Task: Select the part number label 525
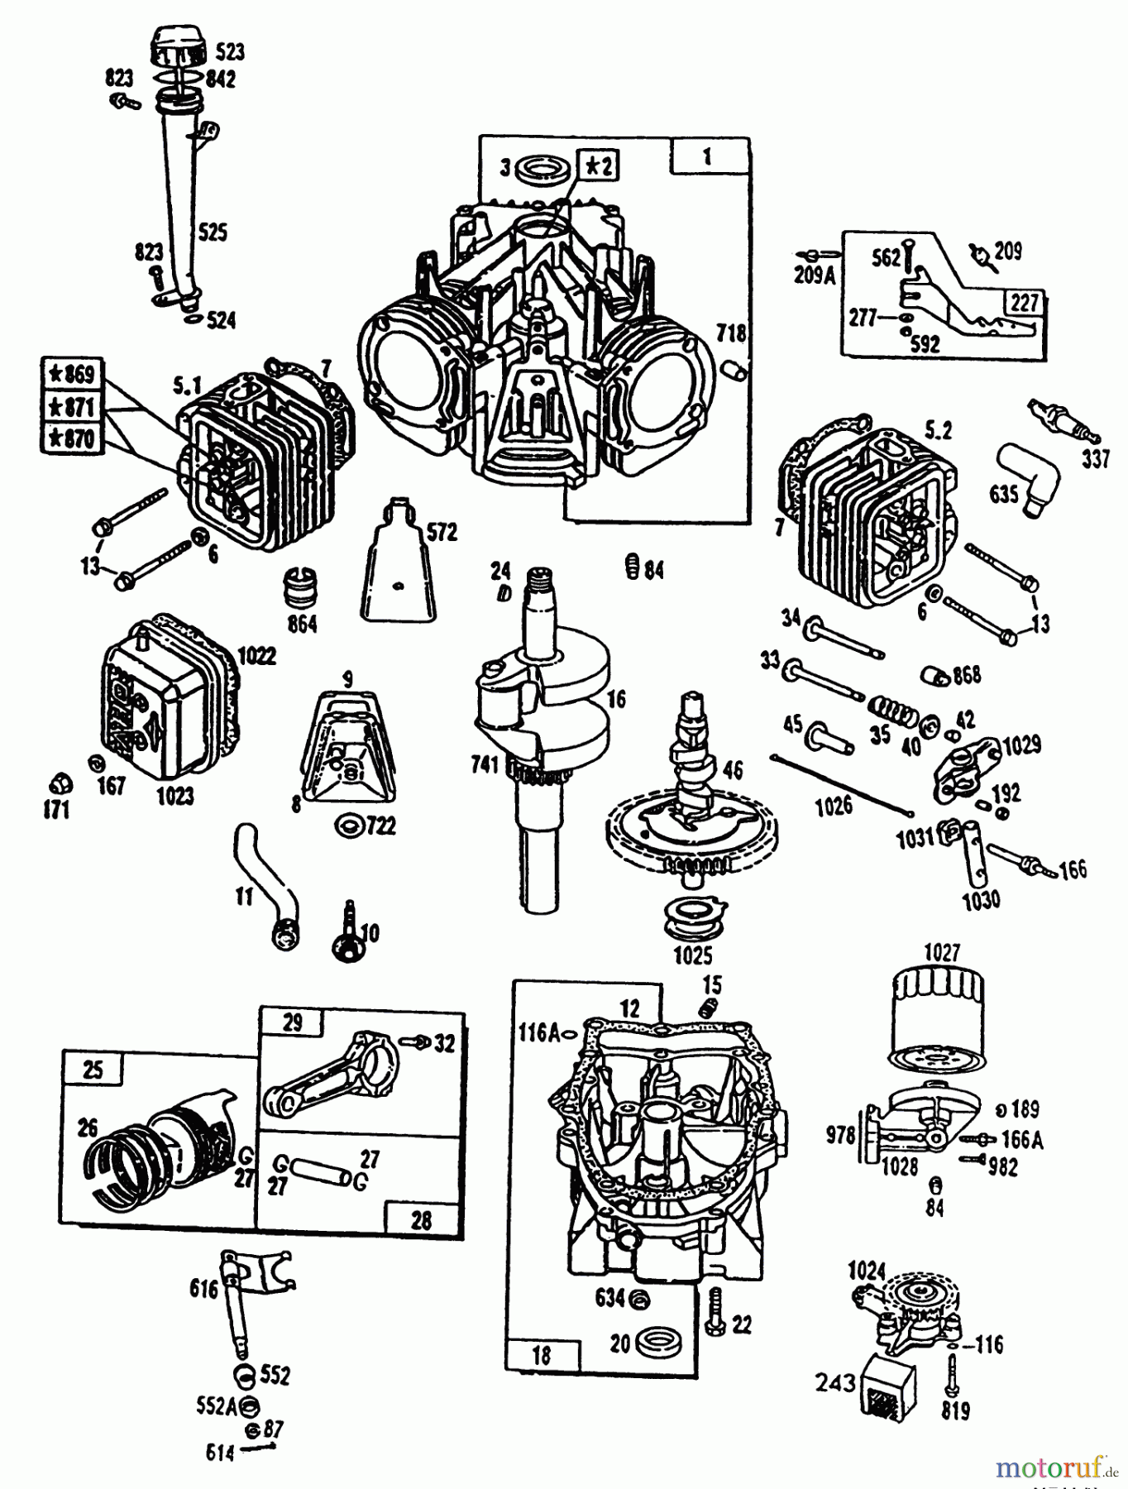213,232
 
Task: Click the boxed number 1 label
707,156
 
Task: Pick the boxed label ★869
72,374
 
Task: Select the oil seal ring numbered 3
542,170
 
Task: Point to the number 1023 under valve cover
174,796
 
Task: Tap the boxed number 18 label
542,1355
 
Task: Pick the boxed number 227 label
1024,303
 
